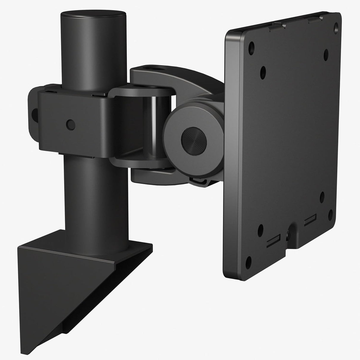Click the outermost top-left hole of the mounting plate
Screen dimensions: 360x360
(252, 46)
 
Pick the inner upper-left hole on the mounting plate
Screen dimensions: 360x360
(263, 71)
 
